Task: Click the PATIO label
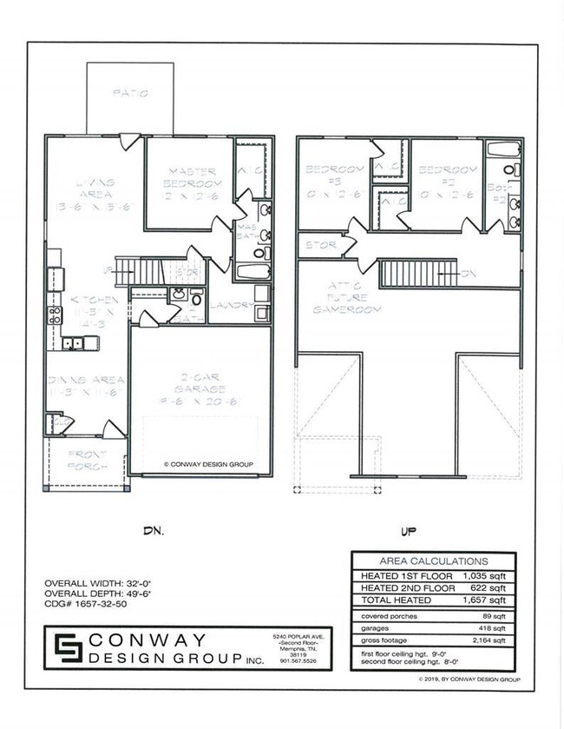pyautogui.click(x=131, y=92)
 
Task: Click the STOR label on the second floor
pyautogui.click(x=322, y=245)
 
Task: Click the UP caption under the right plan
pyautogui.click(x=409, y=529)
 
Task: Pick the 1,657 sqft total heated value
pyautogui.click(x=494, y=600)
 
